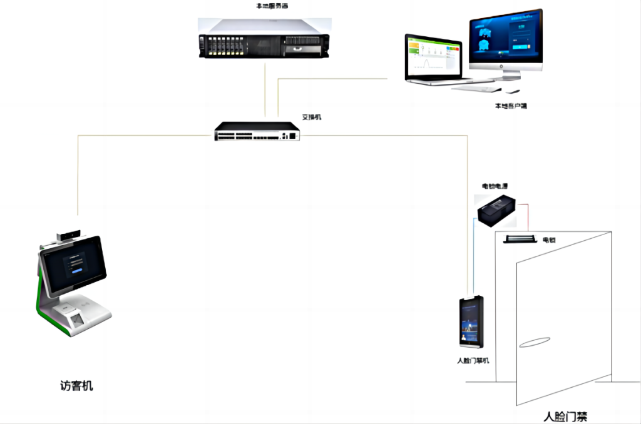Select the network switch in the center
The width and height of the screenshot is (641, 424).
(x=257, y=131)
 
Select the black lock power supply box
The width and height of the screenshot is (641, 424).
(x=497, y=208)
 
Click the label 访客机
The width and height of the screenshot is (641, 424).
(x=76, y=386)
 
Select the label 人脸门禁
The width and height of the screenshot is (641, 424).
(x=565, y=416)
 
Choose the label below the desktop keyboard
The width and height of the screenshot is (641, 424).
(x=510, y=106)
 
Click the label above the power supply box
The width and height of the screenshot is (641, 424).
(x=494, y=186)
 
